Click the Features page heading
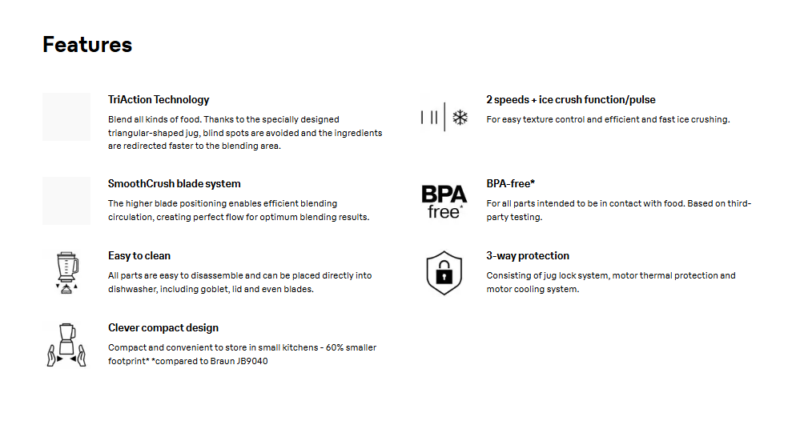(x=87, y=45)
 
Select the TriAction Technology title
(x=159, y=100)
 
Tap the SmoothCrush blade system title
(x=174, y=184)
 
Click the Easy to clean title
(x=139, y=256)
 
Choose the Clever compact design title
(x=163, y=328)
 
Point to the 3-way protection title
(x=528, y=256)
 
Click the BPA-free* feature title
(x=510, y=184)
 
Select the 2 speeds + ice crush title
(x=570, y=100)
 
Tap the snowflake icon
(x=460, y=118)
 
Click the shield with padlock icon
(x=444, y=272)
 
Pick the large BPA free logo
(x=444, y=200)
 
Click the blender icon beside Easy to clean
(x=65, y=271)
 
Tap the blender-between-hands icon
(x=65, y=344)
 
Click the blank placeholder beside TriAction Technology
(x=66, y=117)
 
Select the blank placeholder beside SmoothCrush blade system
(x=66, y=201)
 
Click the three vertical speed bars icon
(x=429, y=118)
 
